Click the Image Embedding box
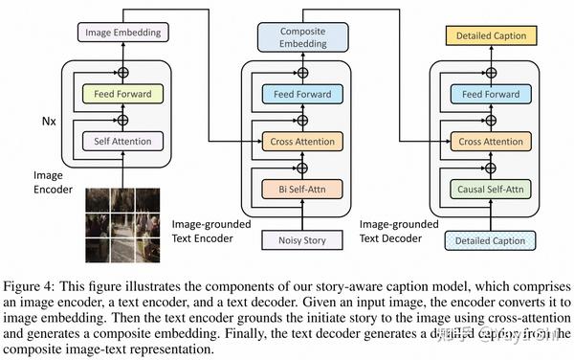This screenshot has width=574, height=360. tap(121, 33)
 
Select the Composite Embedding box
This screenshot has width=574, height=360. tap(302, 37)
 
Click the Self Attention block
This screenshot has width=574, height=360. tap(122, 142)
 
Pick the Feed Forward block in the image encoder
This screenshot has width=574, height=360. tap(122, 94)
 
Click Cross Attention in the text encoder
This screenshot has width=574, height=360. tap(302, 142)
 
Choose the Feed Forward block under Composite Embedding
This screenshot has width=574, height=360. tap(302, 94)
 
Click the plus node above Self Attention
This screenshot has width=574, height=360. tap(122, 120)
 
